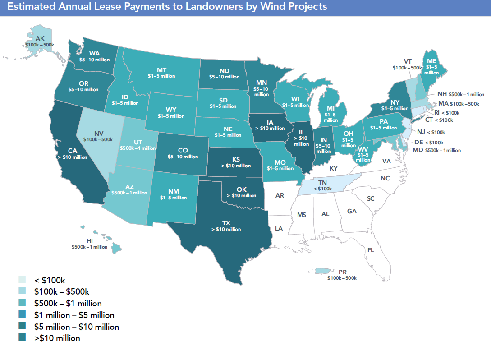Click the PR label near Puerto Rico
(342, 272)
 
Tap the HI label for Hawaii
(89, 241)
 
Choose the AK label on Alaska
(40, 38)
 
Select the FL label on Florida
(370, 249)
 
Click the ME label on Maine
(431, 61)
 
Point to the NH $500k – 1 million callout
(461, 95)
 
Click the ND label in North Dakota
(224, 70)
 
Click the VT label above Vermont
(407, 61)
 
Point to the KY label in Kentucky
(334, 168)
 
